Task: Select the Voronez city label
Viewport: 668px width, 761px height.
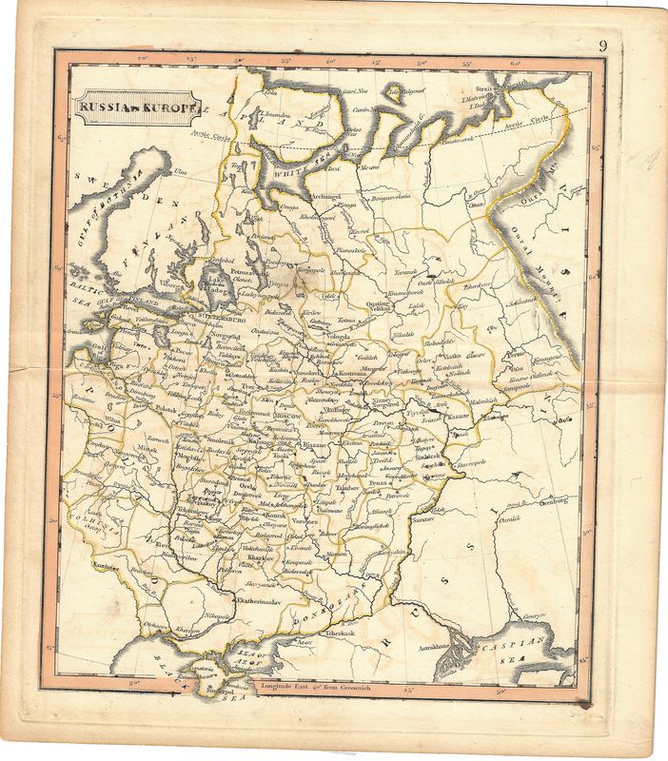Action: click(307, 521)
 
